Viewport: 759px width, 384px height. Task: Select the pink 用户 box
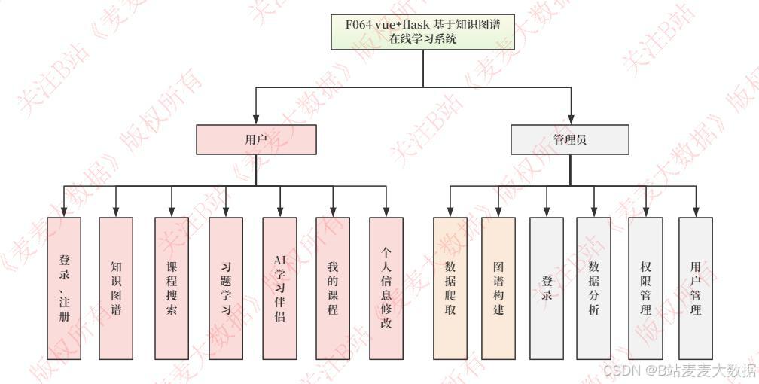pos(256,139)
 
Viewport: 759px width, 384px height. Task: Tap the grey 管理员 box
pos(570,139)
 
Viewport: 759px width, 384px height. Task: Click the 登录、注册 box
pos(64,288)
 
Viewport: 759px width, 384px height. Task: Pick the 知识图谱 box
pos(116,288)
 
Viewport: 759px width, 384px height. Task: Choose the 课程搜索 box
pos(172,288)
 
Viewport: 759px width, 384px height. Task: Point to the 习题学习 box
pos(226,288)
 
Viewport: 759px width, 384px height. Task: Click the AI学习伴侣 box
pos(279,288)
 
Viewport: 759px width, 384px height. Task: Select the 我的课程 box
pos(333,288)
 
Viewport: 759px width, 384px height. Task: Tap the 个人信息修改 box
pos(386,288)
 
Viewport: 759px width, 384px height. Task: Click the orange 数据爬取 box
pos(450,288)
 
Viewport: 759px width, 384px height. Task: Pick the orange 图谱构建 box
pos(498,288)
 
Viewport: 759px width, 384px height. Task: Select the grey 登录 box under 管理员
pos(547,288)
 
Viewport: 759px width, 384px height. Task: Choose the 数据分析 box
pos(594,288)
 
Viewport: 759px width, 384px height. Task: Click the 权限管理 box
pos(645,288)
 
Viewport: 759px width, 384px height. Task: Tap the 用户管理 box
pos(696,288)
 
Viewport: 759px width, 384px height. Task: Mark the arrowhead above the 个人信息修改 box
pos(386,212)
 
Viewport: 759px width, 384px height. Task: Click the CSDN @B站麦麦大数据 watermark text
pos(679,370)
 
